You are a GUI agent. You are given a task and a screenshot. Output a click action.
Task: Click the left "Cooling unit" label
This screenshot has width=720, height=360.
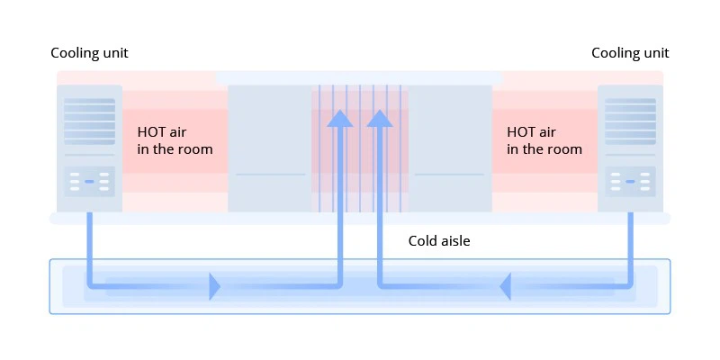pyautogui.click(x=89, y=53)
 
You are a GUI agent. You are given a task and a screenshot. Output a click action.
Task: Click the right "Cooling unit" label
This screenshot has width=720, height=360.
pyautogui.click(x=630, y=53)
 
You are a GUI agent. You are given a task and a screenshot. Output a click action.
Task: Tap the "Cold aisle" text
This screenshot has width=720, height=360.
pyautogui.click(x=439, y=241)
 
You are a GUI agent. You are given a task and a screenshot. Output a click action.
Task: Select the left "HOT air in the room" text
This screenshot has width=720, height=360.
pyautogui.click(x=175, y=140)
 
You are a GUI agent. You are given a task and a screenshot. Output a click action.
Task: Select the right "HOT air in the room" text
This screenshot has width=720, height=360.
pyautogui.click(x=544, y=140)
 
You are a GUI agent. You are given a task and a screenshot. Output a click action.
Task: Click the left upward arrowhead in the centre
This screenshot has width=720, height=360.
pyautogui.click(x=340, y=119)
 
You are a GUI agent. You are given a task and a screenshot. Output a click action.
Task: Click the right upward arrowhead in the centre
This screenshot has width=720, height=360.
pyautogui.click(x=380, y=119)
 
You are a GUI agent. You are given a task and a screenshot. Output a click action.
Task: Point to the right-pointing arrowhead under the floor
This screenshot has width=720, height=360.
pyautogui.click(x=214, y=286)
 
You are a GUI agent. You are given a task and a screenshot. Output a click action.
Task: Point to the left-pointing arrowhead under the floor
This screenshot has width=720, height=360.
pyautogui.click(x=506, y=286)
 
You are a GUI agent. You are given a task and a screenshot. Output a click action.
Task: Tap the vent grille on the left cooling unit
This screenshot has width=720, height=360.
pyautogui.click(x=89, y=121)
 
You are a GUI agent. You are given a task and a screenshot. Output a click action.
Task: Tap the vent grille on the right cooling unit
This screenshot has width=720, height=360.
pyautogui.click(x=630, y=121)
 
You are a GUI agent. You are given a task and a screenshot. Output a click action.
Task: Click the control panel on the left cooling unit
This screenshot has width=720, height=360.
pyautogui.click(x=89, y=182)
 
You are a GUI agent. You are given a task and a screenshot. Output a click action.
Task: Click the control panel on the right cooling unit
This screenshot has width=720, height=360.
pyautogui.click(x=630, y=182)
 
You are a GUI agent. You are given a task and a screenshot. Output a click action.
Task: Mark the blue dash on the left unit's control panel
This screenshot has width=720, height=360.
pyautogui.click(x=89, y=182)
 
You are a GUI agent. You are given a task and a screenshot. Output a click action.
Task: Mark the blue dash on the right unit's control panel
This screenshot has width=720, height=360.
pyautogui.click(x=630, y=182)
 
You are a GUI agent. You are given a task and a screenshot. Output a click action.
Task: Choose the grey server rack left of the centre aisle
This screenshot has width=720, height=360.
pyautogui.click(x=270, y=148)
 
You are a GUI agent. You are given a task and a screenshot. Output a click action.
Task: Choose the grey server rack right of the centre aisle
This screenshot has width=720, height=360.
pyautogui.click(x=450, y=148)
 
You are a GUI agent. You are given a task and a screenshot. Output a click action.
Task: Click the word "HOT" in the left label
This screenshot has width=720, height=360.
pyautogui.click(x=149, y=132)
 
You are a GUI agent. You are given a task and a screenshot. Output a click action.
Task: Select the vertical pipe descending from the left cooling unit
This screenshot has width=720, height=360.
pyautogui.click(x=89, y=248)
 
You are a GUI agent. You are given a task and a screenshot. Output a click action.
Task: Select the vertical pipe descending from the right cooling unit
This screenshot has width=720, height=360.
pyautogui.click(x=631, y=248)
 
